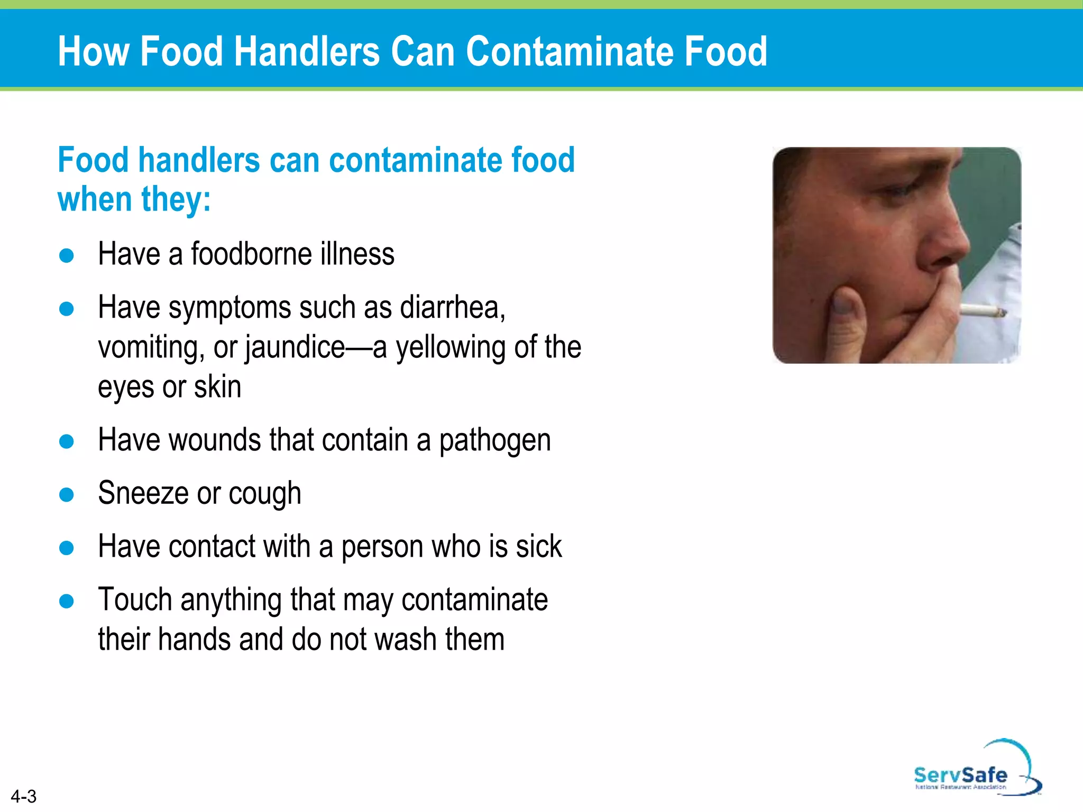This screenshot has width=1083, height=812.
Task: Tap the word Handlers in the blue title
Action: pyautogui.click(x=307, y=51)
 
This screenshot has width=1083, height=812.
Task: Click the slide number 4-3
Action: pyautogui.click(x=23, y=796)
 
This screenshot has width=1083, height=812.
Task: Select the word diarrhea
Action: pyautogui.click(x=452, y=307)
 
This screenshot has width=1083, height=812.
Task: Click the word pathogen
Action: pyautogui.click(x=495, y=440)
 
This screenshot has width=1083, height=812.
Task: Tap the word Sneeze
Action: pyautogui.click(x=143, y=493)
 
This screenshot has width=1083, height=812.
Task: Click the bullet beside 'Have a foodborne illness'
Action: pyautogui.click(x=67, y=256)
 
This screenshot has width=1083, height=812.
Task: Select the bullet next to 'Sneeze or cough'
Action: pyautogui.click(x=67, y=495)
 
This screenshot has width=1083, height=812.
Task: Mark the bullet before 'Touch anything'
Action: pyautogui.click(x=67, y=601)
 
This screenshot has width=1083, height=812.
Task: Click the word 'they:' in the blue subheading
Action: pyautogui.click(x=176, y=200)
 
